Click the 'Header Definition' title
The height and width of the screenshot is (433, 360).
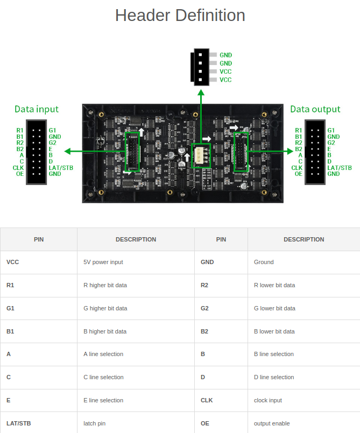tap(180, 16)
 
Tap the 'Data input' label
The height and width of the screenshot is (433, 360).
tap(37, 109)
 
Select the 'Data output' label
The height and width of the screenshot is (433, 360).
tap(315, 109)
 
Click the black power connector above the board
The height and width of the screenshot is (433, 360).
tap(201, 67)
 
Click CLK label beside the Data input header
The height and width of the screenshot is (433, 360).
tap(18, 168)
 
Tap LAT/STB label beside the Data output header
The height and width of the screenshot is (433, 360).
tap(340, 168)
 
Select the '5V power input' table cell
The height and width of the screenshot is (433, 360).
tap(103, 262)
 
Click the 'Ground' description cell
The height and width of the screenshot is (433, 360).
tap(264, 262)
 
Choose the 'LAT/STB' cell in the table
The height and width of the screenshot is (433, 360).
tap(19, 423)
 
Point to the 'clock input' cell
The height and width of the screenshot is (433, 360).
tap(268, 400)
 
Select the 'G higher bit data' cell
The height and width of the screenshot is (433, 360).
tap(105, 308)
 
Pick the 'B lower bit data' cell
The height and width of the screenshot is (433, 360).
tap(274, 331)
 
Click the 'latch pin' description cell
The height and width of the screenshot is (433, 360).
tap(95, 423)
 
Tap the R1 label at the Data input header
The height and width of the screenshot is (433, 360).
tap(20, 131)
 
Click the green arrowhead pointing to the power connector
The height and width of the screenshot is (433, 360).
tap(201, 93)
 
